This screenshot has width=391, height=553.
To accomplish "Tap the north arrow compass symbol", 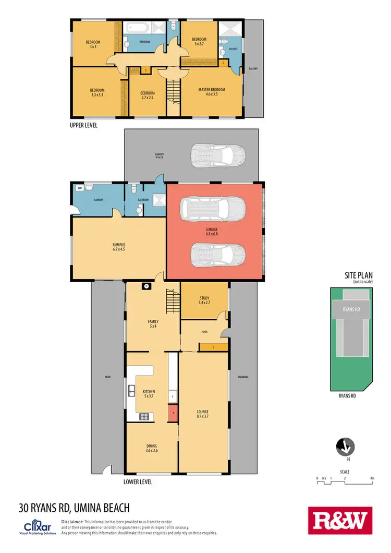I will (345, 447).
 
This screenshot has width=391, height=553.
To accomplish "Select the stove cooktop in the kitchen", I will (143, 416).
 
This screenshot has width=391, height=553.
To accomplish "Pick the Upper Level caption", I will (83, 125).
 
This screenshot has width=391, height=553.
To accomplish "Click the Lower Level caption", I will (138, 482).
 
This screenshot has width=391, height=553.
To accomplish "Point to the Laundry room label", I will (99, 200).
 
